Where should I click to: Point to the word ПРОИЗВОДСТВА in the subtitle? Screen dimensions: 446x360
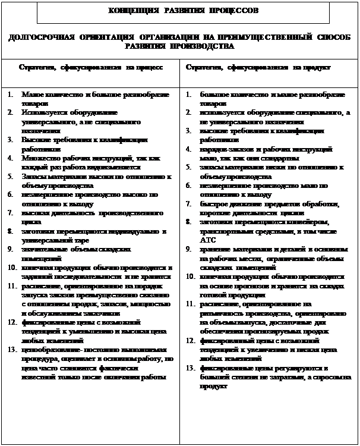click(x=206, y=46)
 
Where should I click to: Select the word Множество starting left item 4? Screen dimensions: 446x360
click(x=39, y=159)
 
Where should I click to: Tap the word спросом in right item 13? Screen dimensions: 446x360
click(x=318, y=377)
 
